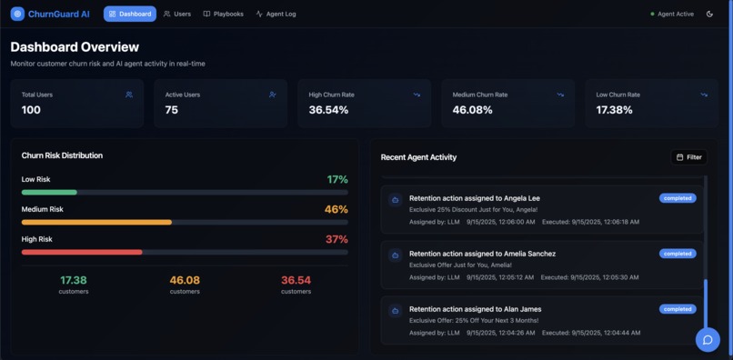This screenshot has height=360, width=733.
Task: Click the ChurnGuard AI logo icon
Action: (17, 14)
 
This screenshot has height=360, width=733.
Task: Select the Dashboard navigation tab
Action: (129, 14)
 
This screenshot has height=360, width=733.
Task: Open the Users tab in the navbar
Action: (177, 14)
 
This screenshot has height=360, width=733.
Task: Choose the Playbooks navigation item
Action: (223, 14)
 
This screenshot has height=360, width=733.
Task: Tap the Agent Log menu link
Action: (276, 14)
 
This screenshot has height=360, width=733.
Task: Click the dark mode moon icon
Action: (709, 14)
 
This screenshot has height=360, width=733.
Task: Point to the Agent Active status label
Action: (675, 14)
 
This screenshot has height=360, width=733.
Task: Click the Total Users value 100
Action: (31, 110)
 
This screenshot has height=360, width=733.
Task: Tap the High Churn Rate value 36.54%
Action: (328, 110)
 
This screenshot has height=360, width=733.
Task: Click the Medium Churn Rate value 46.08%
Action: (472, 110)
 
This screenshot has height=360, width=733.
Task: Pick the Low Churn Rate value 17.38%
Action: (615, 110)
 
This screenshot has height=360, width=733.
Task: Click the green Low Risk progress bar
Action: (49, 193)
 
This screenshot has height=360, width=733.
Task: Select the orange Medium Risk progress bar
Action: (96, 222)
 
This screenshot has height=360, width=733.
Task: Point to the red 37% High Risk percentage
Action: (336, 239)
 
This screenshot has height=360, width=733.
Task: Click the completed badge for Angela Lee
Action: (678, 198)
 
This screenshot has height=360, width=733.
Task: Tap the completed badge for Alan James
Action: (678, 309)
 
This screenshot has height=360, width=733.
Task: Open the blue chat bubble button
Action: (708, 339)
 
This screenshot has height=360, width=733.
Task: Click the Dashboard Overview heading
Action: (75, 46)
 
